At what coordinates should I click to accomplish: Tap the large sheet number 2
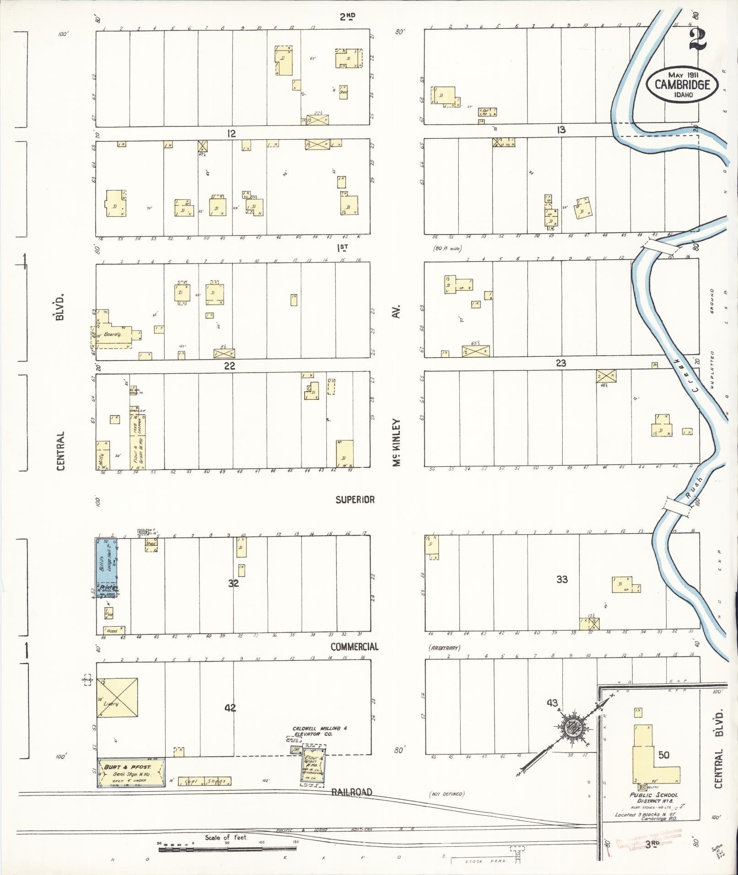(697, 40)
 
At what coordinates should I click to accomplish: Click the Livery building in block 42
(117, 698)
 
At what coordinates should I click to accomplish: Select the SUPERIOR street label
(355, 499)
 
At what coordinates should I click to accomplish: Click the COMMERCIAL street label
(355, 646)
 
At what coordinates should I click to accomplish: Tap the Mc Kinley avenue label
(396, 442)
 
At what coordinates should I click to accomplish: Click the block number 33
(562, 579)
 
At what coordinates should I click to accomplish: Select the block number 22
(230, 366)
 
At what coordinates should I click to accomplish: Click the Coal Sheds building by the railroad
(204, 781)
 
